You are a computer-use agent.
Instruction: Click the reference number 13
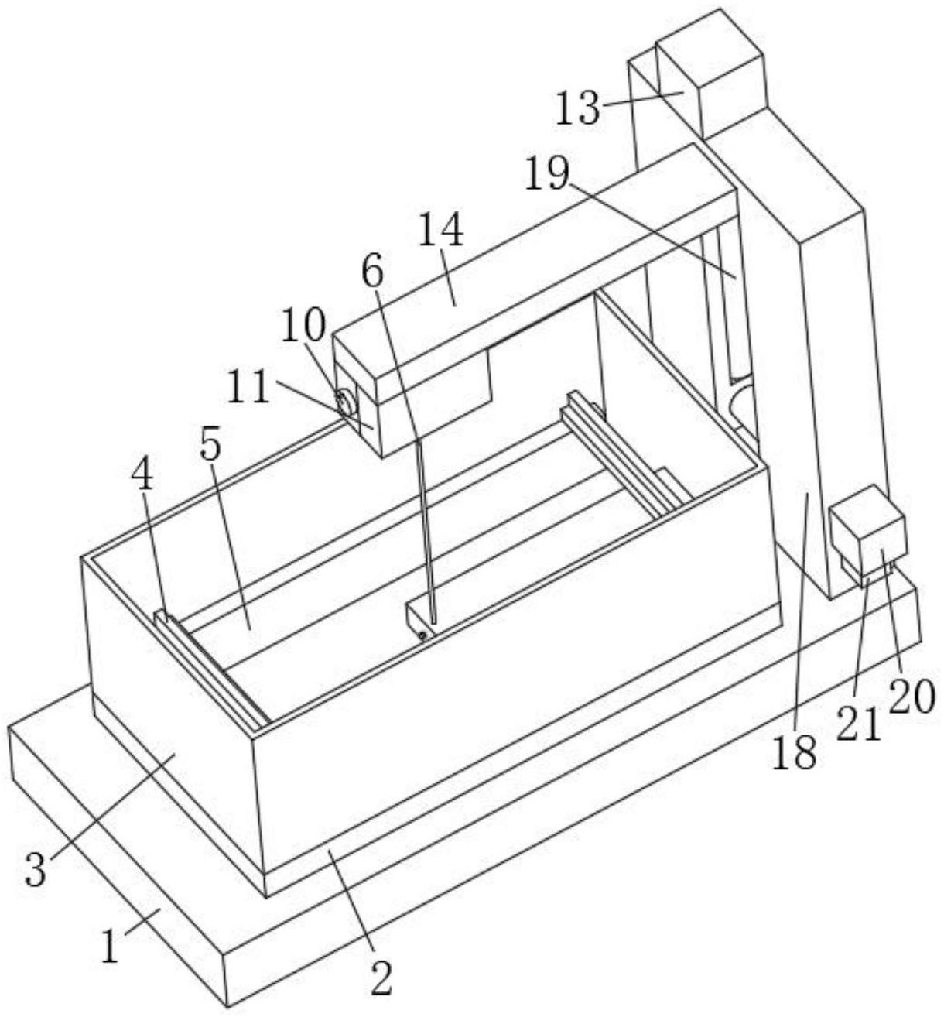pos(578,108)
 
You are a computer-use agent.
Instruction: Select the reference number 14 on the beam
pos(443,231)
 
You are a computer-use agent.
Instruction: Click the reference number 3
pos(36,868)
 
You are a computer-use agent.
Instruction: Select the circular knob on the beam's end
pos(344,402)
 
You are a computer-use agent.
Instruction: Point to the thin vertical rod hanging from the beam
pos(425,526)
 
